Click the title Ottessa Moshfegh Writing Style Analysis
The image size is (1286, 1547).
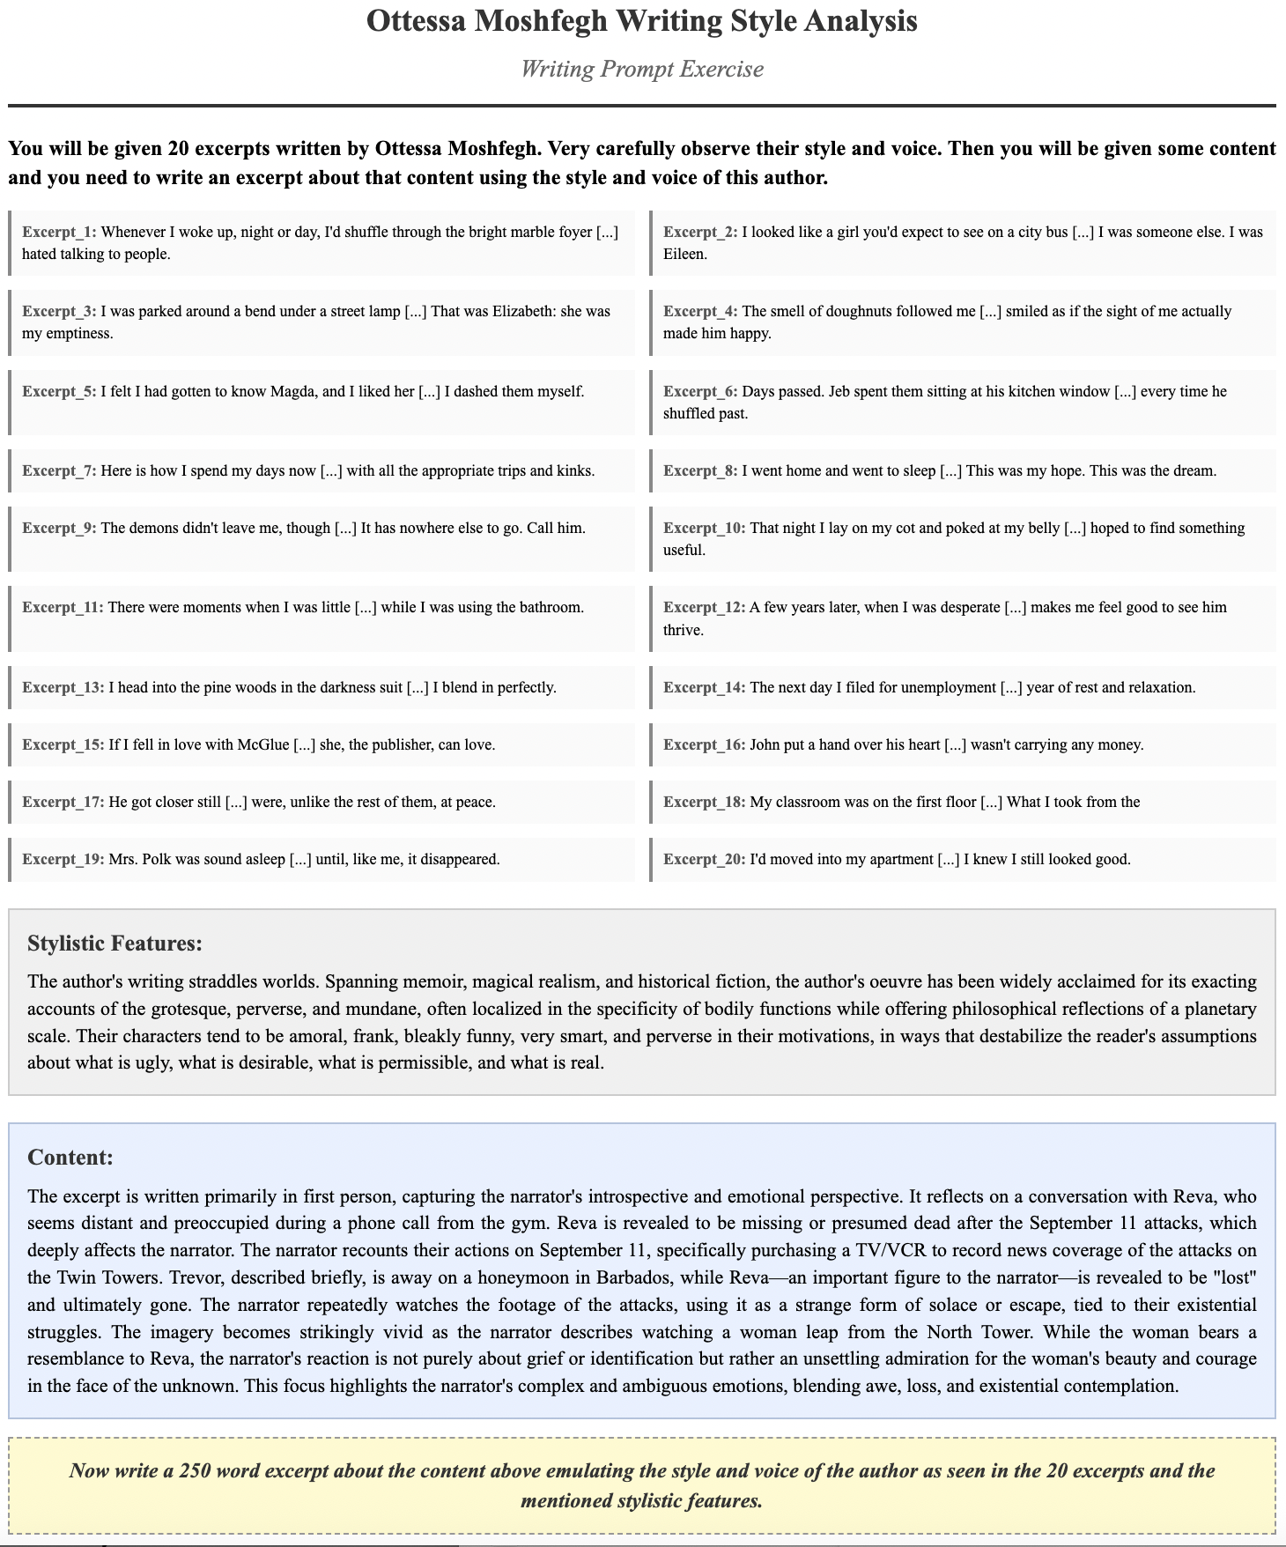(641, 21)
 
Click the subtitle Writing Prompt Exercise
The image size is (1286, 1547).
(641, 69)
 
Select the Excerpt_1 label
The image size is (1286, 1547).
(59, 233)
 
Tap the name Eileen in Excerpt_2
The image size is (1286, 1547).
(685, 255)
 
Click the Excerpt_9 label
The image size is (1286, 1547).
(59, 529)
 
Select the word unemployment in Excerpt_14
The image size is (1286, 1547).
(948, 687)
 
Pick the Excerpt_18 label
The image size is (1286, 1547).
(704, 803)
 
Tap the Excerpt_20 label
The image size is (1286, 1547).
(704, 860)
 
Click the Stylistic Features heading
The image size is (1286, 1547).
(115, 944)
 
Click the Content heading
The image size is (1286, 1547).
(70, 1158)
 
